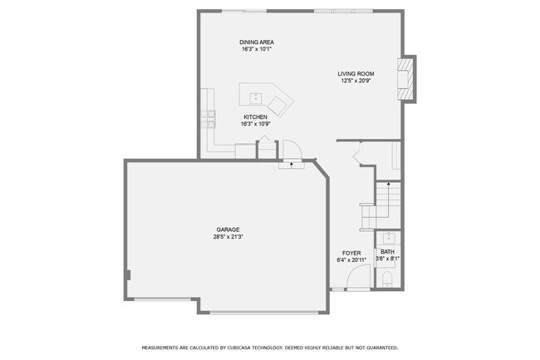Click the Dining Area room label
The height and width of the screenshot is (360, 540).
[256, 42]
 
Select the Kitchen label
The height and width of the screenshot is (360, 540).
[255, 117]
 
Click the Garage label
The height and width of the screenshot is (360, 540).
[228, 229]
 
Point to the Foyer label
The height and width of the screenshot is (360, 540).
[352, 252]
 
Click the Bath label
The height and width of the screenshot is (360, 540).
[387, 252]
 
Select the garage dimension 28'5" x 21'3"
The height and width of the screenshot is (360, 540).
[228, 237]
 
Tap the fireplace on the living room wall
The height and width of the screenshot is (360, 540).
[405, 79]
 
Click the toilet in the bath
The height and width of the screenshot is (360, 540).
[387, 283]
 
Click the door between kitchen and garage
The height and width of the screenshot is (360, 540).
[292, 150]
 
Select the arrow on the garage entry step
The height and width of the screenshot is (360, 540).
[291, 165]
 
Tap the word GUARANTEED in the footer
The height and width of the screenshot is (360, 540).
[379, 348]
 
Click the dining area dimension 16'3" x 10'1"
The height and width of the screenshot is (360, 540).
[256, 49]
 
